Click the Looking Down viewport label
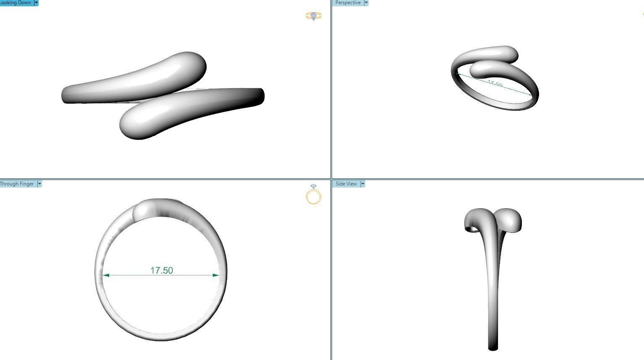pos(16,3)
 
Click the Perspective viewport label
pos(348,3)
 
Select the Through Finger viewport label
pos(17,184)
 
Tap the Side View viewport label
pos(346,184)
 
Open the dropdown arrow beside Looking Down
pos(36,3)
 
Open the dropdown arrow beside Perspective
pos(366,3)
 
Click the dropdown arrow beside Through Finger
pos(39,184)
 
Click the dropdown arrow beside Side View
pos(362,184)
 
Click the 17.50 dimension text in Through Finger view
pos(162,271)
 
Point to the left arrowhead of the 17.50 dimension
pos(106,275)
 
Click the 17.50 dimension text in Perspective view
pos(495,83)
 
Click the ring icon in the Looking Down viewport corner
pos(314,16)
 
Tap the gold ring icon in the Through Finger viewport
pos(314,196)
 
